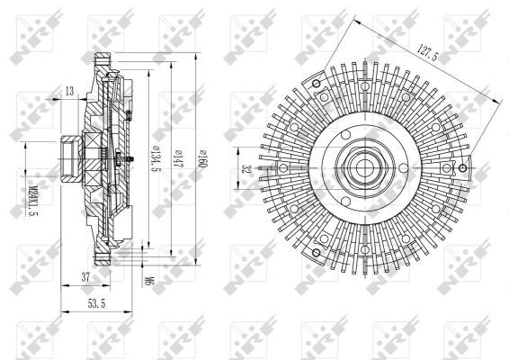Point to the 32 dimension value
245,168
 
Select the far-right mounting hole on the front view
463,168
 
